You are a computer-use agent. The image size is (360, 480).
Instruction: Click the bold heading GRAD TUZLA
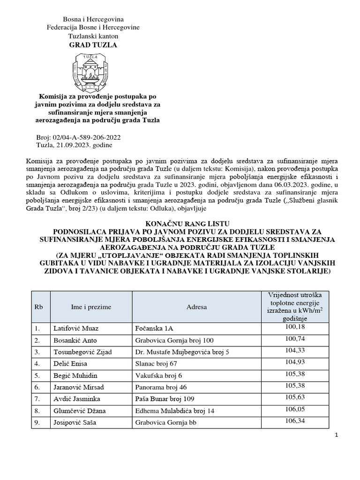coord(93,45)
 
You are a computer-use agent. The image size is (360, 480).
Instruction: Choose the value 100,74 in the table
coord(294,338)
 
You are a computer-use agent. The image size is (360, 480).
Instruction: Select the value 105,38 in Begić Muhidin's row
coord(294,374)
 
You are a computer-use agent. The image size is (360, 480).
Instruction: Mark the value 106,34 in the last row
coord(294,420)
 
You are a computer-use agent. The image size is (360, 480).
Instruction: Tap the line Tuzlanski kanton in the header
coord(93,36)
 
